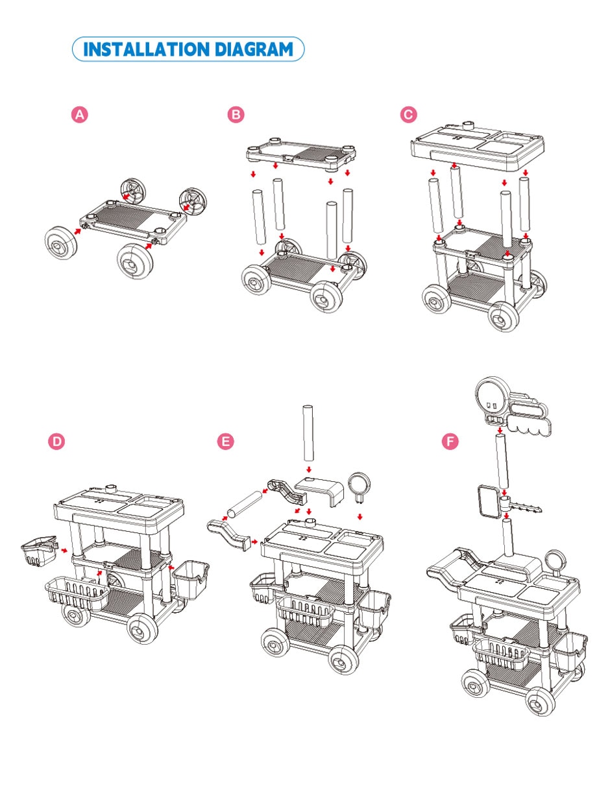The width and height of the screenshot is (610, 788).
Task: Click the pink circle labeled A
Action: pyautogui.click(x=79, y=115)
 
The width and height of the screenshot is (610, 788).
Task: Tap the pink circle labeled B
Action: pyautogui.click(x=236, y=115)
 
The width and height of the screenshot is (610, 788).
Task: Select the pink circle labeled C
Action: pyautogui.click(x=408, y=115)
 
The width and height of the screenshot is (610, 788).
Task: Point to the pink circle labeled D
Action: pyautogui.click(x=56, y=441)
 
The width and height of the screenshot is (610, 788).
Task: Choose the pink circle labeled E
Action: pyautogui.click(x=226, y=441)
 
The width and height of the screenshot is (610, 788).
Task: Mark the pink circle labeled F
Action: pyautogui.click(x=450, y=441)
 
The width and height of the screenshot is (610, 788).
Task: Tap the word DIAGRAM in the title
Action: pyautogui.click(x=254, y=49)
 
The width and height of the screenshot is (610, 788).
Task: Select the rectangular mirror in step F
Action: pyautogui.click(x=488, y=501)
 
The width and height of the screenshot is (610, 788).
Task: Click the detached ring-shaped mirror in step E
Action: pyautogui.click(x=360, y=485)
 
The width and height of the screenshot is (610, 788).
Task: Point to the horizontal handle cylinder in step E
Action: pyautogui.click(x=245, y=504)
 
